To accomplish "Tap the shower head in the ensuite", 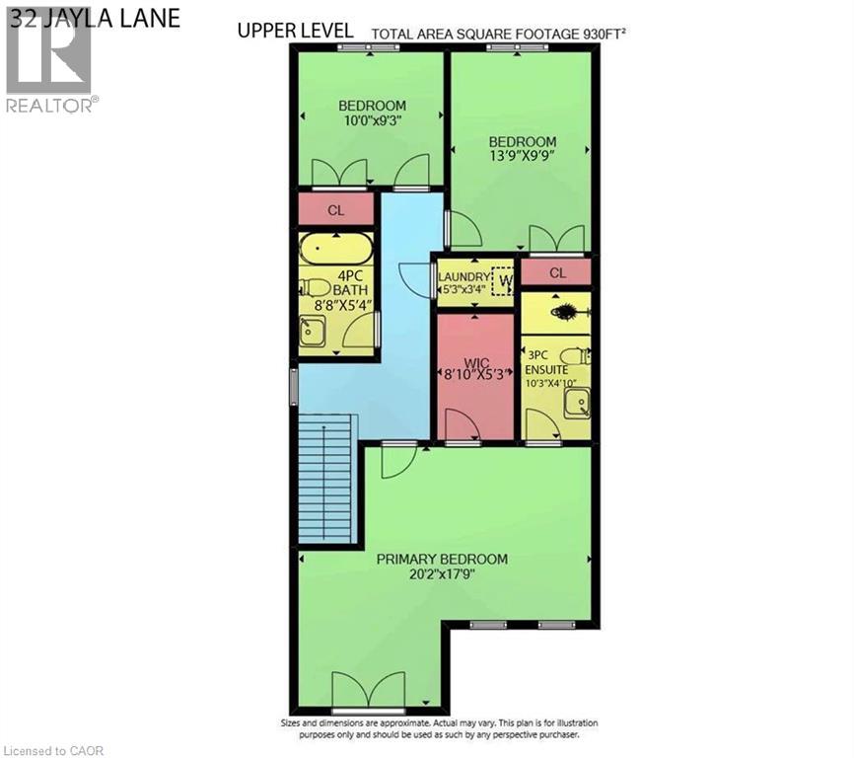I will tap(567, 312).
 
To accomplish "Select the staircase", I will tap(324, 478).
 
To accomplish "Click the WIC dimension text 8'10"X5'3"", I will tap(475, 374).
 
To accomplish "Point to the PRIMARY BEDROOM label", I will tap(442, 559).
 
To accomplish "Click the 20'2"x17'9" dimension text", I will tap(442, 575).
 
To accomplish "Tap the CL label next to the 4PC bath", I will tap(335, 210).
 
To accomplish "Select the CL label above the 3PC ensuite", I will tap(557, 272).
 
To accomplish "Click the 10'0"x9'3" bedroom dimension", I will tap(372, 121).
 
